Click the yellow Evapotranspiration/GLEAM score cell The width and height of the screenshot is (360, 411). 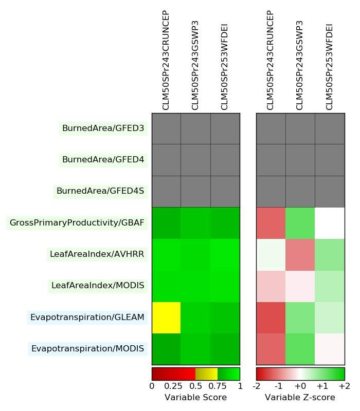(x=166, y=317)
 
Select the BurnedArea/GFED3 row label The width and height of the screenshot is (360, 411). (x=103, y=128)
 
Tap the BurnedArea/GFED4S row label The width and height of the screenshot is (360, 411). (x=100, y=191)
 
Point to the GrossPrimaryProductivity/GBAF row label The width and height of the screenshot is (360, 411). (x=77, y=223)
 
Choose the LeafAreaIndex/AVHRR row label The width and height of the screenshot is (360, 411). (x=97, y=254)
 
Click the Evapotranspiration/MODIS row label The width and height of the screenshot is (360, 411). (x=87, y=349)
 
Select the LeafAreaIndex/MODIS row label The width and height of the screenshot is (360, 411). (x=98, y=286)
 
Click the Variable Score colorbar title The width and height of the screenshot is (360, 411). (x=195, y=398)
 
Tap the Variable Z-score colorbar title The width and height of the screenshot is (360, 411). (x=300, y=398)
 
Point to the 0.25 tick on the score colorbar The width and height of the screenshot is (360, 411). (x=174, y=386)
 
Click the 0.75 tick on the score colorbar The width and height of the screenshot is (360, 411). (x=218, y=386)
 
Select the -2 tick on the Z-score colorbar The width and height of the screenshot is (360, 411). (x=257, y=386)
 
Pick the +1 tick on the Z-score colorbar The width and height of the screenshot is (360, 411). (x=322, y=386)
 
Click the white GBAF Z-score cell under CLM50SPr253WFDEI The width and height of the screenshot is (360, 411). (x=330, y=223)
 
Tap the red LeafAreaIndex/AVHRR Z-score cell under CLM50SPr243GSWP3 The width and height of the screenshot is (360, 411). (x=300, y=254)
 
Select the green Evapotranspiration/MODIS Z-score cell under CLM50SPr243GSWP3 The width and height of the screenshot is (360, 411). (x=300, y=349)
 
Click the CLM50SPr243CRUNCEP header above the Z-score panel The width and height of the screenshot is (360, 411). (x=271, y=60)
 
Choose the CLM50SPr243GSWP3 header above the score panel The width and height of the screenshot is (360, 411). (x=195, y=65)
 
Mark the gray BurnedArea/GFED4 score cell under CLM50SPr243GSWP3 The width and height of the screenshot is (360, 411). (x=195, y=160)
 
